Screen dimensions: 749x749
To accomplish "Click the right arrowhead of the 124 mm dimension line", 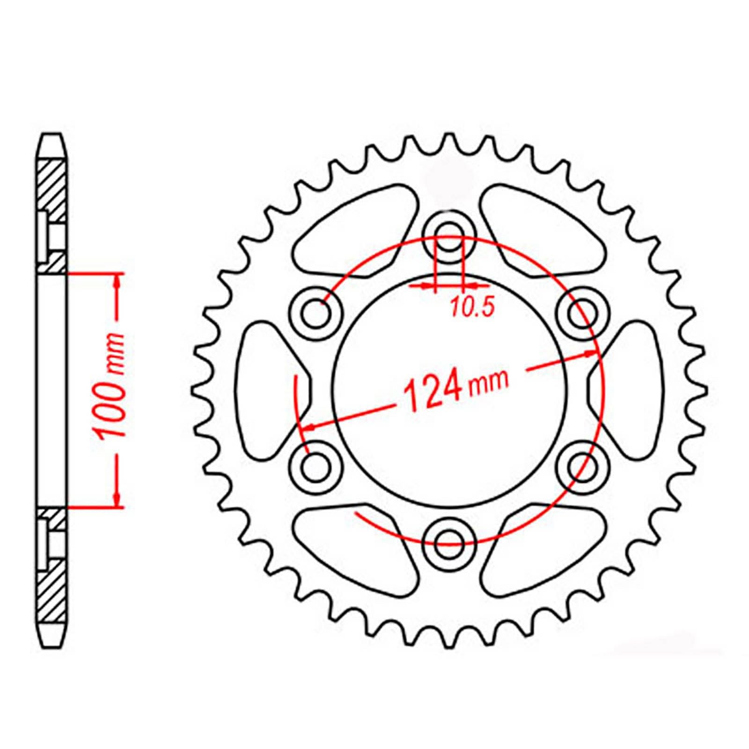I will point(590,355).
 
